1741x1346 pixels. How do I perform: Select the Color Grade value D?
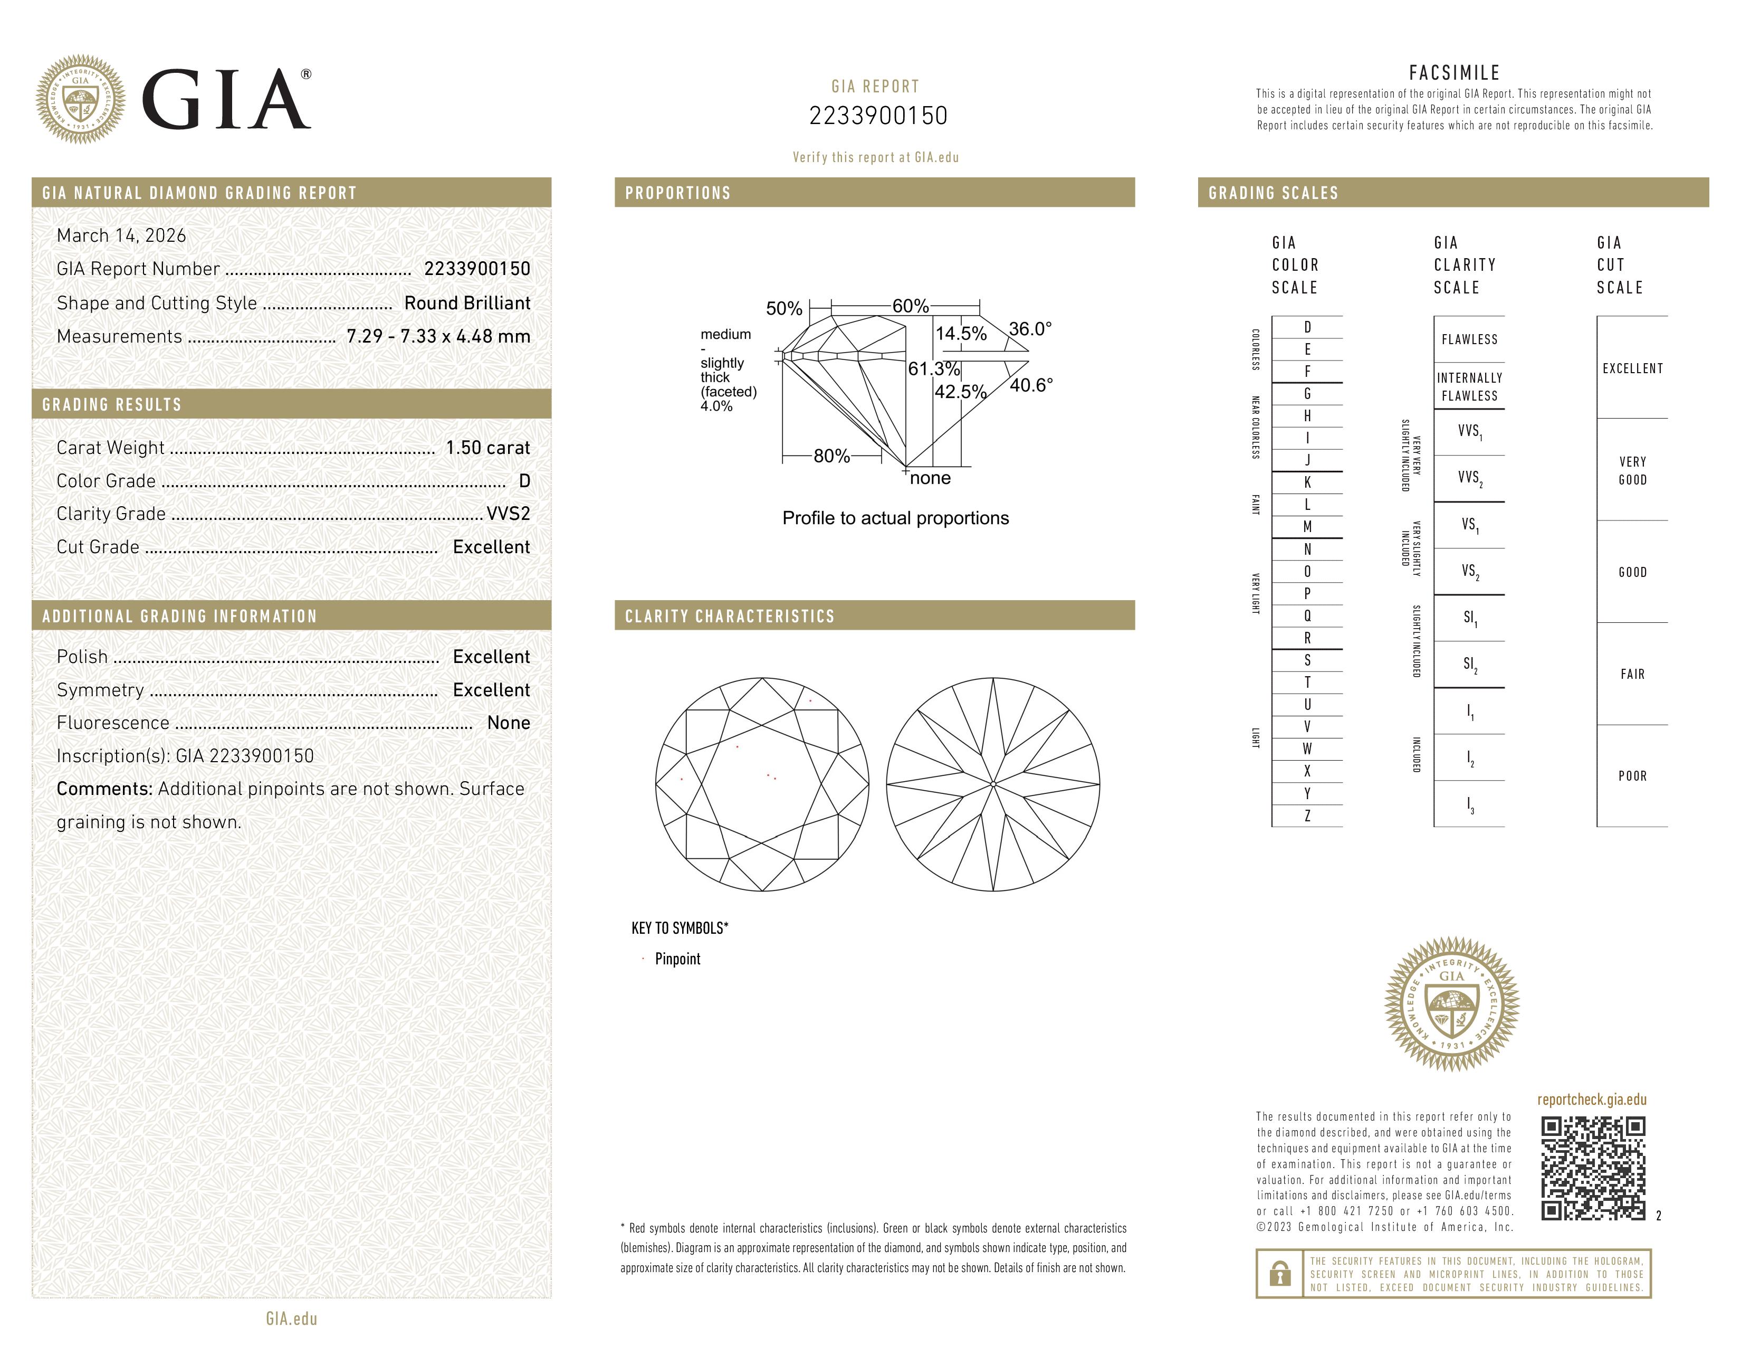point(524,481)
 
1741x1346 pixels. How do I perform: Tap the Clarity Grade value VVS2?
point(508,514)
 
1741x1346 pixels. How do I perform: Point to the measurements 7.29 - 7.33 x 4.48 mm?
point(438,337)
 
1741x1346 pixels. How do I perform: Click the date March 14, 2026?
point(121,235)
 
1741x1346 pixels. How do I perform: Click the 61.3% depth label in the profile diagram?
point(933,368)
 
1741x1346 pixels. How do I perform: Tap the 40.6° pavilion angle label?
point(1031,385)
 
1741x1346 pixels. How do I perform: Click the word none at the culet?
point(930,478)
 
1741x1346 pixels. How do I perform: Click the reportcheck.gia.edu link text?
point(1591,1099)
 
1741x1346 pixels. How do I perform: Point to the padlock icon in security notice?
point(1279,1274)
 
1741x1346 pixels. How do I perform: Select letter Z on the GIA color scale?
point(1307,816)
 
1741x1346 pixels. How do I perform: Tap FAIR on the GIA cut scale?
point(1632,674)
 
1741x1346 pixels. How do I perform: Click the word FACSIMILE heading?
point(1453,72)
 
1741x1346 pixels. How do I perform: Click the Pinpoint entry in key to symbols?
point(677,959)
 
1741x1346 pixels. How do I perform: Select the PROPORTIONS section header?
point(677,193)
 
